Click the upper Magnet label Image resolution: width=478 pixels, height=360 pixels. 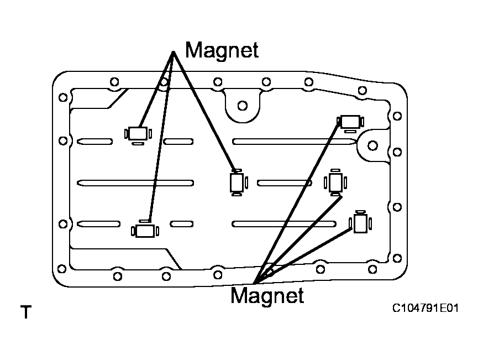222,50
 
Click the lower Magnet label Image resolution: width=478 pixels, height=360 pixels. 267,295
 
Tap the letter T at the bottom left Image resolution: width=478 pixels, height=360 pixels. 26,312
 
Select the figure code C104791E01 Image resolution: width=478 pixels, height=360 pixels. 426,308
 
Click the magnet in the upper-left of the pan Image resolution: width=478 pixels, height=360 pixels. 138,134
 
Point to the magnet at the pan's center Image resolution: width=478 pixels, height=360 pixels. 237,182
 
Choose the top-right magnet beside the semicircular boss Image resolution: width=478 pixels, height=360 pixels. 350,123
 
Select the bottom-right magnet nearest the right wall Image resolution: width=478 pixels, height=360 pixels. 360,222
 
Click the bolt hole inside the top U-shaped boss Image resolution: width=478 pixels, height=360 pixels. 243,106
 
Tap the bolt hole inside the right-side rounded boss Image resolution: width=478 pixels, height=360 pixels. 372,145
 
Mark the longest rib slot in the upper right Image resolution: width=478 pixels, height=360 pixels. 294,142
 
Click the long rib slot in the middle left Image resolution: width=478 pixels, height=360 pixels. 135,183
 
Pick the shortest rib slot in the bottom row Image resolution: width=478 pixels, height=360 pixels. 182,224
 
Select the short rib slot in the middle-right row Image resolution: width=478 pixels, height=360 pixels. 284,183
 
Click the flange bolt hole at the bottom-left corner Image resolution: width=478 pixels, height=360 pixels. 61,269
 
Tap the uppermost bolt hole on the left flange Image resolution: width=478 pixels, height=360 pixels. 63,98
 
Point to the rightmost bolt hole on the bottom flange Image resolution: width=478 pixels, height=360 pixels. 372,269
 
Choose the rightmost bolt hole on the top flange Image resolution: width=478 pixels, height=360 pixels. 362,90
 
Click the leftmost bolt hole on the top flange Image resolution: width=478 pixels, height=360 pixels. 114,82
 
